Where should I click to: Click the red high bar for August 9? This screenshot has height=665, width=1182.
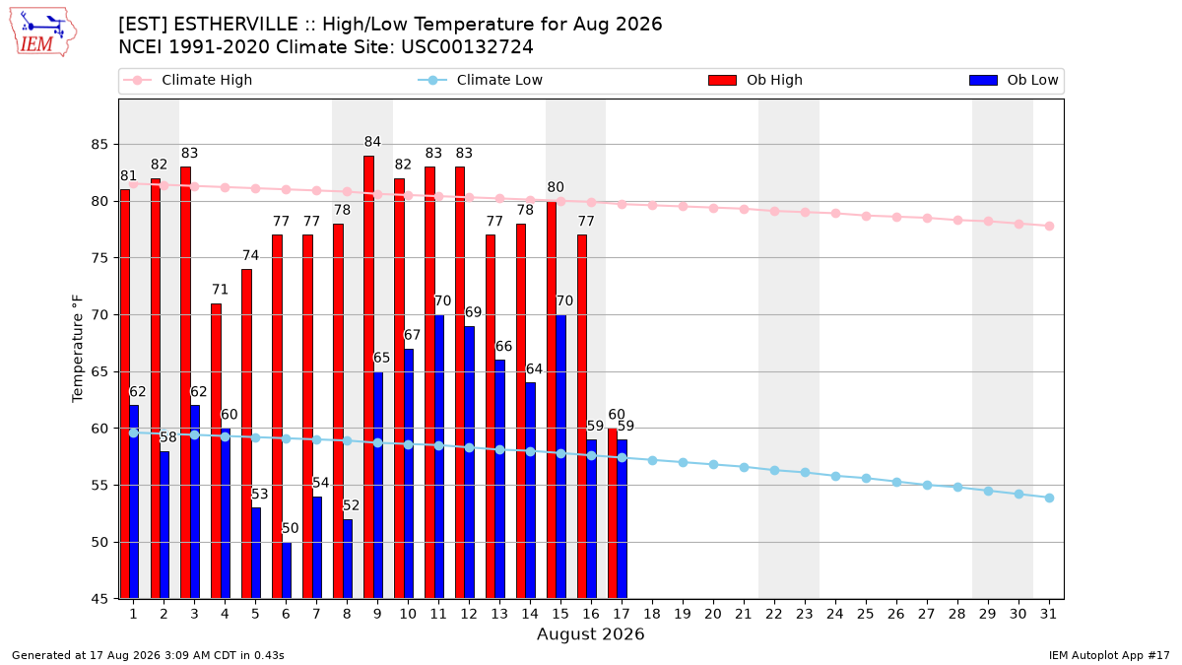pyautogui.click(x=368, y=377)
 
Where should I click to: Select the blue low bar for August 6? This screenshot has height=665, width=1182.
pyautogui.click(x=287, y=570)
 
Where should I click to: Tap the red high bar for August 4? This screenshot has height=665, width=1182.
pyautogui.click(x=216, y=451)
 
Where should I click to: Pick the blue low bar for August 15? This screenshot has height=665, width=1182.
pyautogui.click(x=560, y=457)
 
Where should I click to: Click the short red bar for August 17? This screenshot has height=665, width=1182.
pyautogui.click(x=613, y=513)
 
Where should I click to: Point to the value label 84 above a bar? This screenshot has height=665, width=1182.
pyautogui.click(x=372, y=142)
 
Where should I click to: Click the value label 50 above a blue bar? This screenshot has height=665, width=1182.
pyautogui.click(x=291, y=528)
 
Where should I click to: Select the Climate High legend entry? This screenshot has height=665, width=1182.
pyautogui.click(x=188, y=80)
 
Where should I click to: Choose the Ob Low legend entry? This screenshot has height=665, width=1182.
pyautogui.click(x=1014, y=80)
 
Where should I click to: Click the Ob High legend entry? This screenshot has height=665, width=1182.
pyautogui.click(x=755, y=80)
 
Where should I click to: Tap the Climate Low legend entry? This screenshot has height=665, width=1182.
pyautogui.click(x=481, y=80)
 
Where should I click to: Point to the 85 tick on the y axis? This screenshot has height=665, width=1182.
pyautogui.click(x=99, y=144)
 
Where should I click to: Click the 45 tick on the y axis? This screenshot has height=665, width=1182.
pyautogui.click(x=99, y=599)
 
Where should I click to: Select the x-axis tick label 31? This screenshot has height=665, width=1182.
pyautogui.click(x=1048, y=614)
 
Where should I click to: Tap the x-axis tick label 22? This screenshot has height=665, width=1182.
pyautogui.click(x=774, y=614)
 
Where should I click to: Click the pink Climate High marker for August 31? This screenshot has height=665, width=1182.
pyautogui.click(x=1049, y=226)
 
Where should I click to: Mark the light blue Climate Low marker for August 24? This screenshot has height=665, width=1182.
pyautogui.click(x=836, y=476)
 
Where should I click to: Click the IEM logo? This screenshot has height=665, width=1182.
pyautogui.click(x=43, y=33)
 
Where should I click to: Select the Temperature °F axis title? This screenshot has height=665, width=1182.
pyautogui.click(x=78, y=349)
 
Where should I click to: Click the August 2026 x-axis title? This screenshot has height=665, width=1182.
pyautogui.click(x=590, y=633)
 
